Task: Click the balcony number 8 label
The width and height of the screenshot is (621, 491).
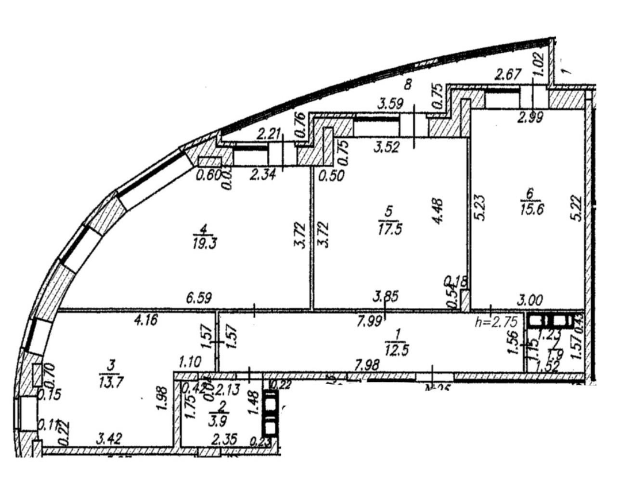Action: [408, 85]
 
